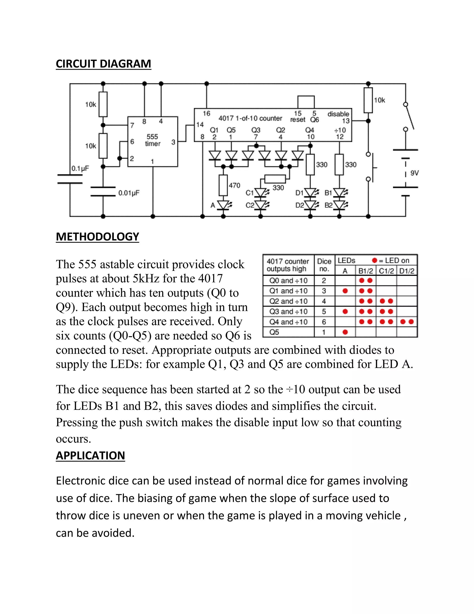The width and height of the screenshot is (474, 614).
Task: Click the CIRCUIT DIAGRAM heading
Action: click(x=103, y=64)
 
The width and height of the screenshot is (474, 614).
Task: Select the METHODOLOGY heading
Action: click(x=97, y=237)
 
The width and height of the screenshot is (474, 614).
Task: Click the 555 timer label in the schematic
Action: click(x=153, y=140)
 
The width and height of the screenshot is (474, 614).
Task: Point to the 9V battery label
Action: click(x=414, y=173)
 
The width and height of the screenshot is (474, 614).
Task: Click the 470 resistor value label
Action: click(x=234, y=185)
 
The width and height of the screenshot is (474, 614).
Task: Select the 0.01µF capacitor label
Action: click(x=129, y=193)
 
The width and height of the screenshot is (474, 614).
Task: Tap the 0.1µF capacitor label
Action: click(x=80, y=168)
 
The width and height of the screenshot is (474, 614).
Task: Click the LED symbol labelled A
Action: click(x=224, y=205)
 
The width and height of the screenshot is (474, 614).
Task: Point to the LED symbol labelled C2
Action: click(x=261, y=205)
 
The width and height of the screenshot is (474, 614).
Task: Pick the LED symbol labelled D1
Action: click(x=310, y=193)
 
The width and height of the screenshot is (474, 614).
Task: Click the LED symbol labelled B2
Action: click(x=340, y=205)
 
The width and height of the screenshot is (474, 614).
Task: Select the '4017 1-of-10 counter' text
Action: click(x=250, y=118)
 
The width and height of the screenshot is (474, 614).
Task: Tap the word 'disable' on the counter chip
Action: click(x=338, y=114)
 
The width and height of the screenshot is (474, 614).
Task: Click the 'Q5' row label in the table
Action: click(x=274, y=332)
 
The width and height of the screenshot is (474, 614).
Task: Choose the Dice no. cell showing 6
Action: click(x=324, y=322)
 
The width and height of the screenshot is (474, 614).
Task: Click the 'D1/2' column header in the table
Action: click(x=407, y=271)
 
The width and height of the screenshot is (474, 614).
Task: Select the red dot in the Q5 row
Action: click(x=345, y=332)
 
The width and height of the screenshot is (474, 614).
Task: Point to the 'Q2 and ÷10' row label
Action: click(x=288, y=301)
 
